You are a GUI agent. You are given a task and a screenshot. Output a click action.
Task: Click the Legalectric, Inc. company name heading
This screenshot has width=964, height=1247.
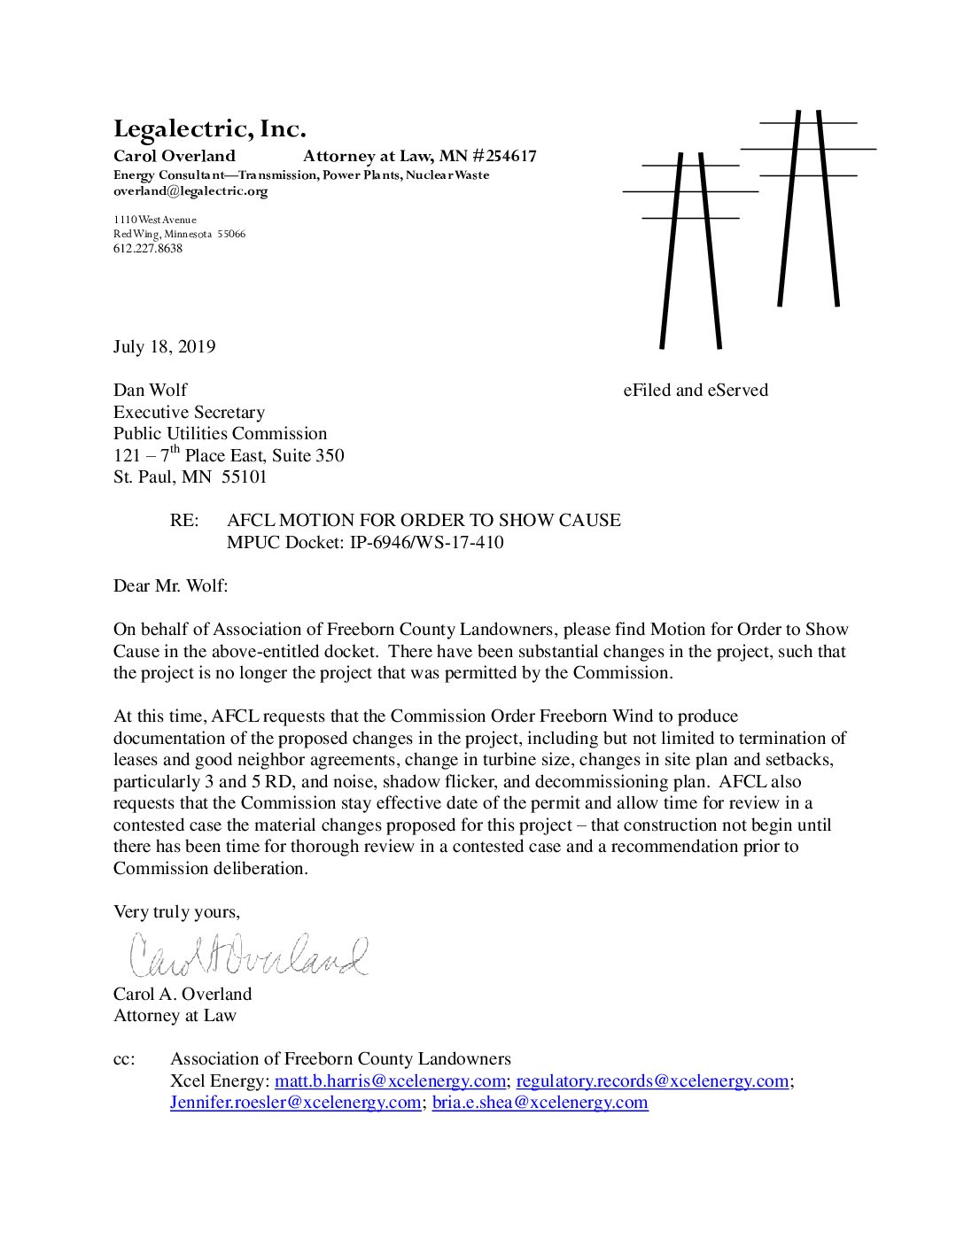(209, 129)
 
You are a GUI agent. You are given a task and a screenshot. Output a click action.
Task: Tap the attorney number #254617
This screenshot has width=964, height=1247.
(504, 157)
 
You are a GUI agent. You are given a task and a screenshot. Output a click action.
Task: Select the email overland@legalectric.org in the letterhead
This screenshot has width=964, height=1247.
(190, 191)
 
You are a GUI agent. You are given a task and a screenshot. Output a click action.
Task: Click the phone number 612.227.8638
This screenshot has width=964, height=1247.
(147, 249)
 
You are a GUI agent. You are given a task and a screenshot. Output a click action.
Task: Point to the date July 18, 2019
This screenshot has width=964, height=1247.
(164, 347)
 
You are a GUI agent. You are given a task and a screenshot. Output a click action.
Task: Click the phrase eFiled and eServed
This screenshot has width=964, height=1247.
(695, 391)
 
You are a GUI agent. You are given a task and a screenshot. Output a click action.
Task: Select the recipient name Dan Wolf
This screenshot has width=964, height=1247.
(150, 391)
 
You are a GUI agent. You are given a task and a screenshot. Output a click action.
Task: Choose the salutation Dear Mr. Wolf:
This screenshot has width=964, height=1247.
(170, 585)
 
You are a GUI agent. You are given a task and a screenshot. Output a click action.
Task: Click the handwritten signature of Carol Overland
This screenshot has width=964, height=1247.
(248, 955)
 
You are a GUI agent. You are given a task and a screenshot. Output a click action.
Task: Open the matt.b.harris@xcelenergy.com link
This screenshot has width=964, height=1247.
(390, 1081)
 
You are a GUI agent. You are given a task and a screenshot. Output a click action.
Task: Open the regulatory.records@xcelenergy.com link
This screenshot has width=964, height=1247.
(652, 1081)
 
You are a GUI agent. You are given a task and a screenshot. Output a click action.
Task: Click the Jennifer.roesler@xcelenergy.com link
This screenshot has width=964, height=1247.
(295, 1103)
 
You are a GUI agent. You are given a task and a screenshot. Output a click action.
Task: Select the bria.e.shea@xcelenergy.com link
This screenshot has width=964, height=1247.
(540, 1103)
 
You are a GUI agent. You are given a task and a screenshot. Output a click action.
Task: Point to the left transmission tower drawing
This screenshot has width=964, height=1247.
(690, 248)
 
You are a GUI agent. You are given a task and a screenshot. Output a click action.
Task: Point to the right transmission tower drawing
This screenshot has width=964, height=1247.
(808, 208)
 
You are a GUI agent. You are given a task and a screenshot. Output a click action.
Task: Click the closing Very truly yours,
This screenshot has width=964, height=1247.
(176, 912)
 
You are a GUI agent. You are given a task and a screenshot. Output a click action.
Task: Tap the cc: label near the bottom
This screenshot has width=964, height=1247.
(124, 1059)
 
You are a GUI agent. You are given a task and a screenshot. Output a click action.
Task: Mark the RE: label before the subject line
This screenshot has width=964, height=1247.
(184, 521)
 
